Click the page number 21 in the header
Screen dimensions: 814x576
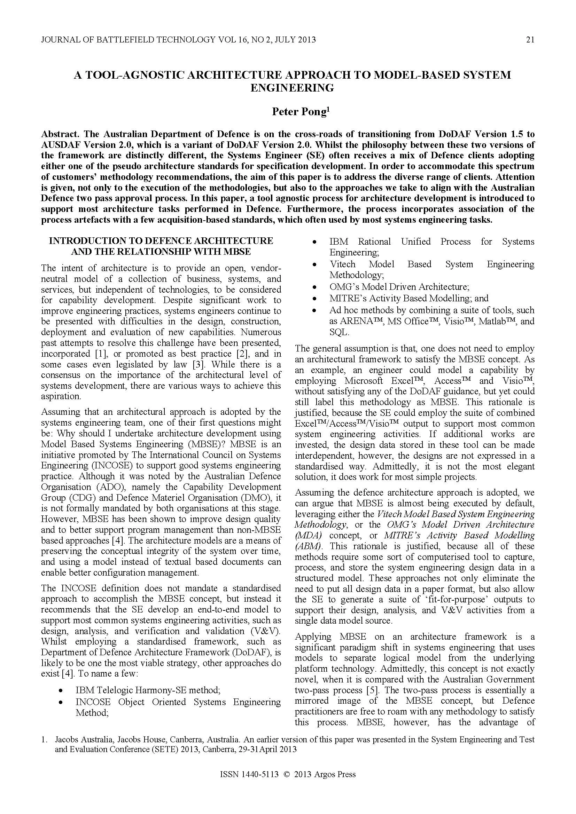tap(530, 40)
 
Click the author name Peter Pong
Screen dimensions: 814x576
tap(299, 112)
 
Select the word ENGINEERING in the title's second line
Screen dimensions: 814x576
tap(292, 88)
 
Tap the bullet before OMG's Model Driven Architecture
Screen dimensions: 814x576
tap(314, 287)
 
